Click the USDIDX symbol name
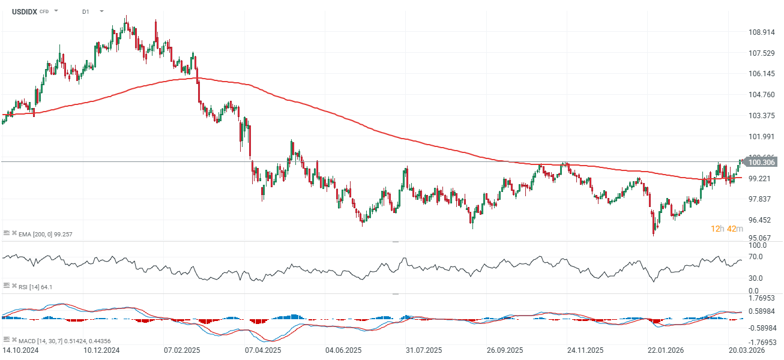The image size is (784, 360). click(25, 11)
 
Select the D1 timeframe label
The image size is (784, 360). click(86, 11)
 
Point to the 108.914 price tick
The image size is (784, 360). click(761, 32)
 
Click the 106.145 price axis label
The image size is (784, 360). click(761, 74)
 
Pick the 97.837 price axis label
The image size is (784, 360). click(761, 199)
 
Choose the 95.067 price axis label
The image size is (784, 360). click(761, 238)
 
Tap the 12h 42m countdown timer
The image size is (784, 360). click(726, 229)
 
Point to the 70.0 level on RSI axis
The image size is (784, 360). click(756, 257)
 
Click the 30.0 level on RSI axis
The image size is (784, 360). click(756, 278)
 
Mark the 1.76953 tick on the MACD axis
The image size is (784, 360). click(761, 297)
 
